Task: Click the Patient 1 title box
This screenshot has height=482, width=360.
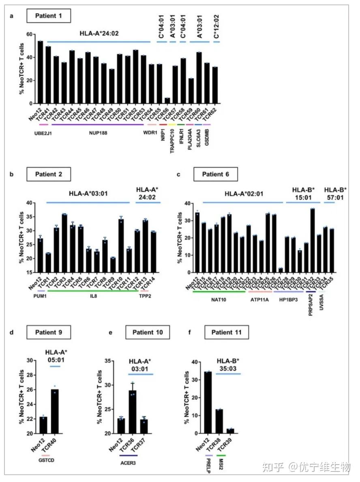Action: tap(49, 17)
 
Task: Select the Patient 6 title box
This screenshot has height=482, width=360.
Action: tap(215, 175)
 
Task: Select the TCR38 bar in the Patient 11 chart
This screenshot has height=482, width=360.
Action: tap(219, 421)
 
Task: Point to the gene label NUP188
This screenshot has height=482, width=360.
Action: tap(96, 133)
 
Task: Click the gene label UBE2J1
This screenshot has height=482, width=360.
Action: tap(42, 133)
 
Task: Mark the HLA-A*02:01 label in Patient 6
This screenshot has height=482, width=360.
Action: tap(244, 194)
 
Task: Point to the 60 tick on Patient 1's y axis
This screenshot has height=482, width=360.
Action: tap(28, 34)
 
